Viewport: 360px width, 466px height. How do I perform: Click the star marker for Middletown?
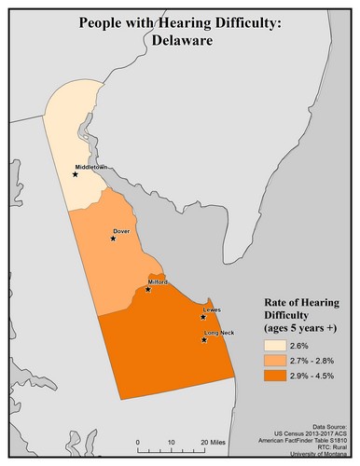click(76, 174)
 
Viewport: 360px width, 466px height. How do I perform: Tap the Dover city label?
click(120, 229)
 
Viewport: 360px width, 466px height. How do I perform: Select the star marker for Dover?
click(113, 238)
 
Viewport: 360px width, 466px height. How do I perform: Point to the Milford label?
click(157, 281)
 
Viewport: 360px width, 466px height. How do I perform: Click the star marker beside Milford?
click(148, 289)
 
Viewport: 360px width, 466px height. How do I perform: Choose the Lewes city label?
click(212, 308)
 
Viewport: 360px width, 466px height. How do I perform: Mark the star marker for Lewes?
click(202, 317)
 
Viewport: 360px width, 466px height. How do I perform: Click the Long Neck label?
click(218, 332)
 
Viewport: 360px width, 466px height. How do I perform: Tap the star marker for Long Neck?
click(204, 340)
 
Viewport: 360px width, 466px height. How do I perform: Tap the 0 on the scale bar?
click(138, 441)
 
